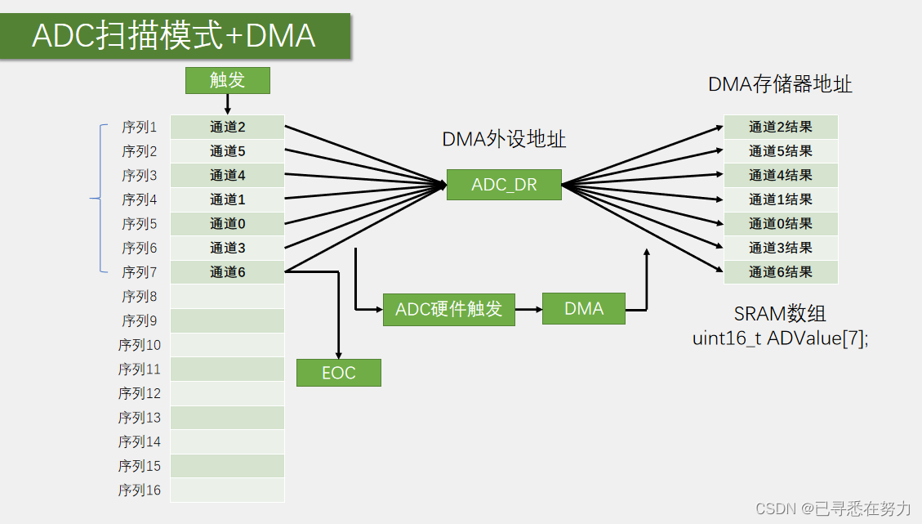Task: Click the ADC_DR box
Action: (504, 185)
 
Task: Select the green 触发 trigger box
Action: (227, 80)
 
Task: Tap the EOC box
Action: (338, 373)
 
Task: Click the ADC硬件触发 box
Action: (448, 309)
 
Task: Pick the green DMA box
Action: (583, 309)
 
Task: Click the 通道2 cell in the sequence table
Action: (227, 127)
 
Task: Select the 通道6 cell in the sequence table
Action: (227, 272)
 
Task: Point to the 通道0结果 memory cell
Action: (781, 224)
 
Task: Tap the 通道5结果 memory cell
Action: (781, 151)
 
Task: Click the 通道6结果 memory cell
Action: (781, 272)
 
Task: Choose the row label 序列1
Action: (140, 127)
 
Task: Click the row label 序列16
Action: (140, 490)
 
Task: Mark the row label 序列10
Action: (140, 345)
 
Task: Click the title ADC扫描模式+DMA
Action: (174, 37)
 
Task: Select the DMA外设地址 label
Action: (504, 139)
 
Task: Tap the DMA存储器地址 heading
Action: (780, 84)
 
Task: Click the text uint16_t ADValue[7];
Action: (780, 338)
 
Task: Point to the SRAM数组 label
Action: (780, 314)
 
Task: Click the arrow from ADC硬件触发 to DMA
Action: (528, 309)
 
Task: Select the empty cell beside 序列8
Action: (227, 297)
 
